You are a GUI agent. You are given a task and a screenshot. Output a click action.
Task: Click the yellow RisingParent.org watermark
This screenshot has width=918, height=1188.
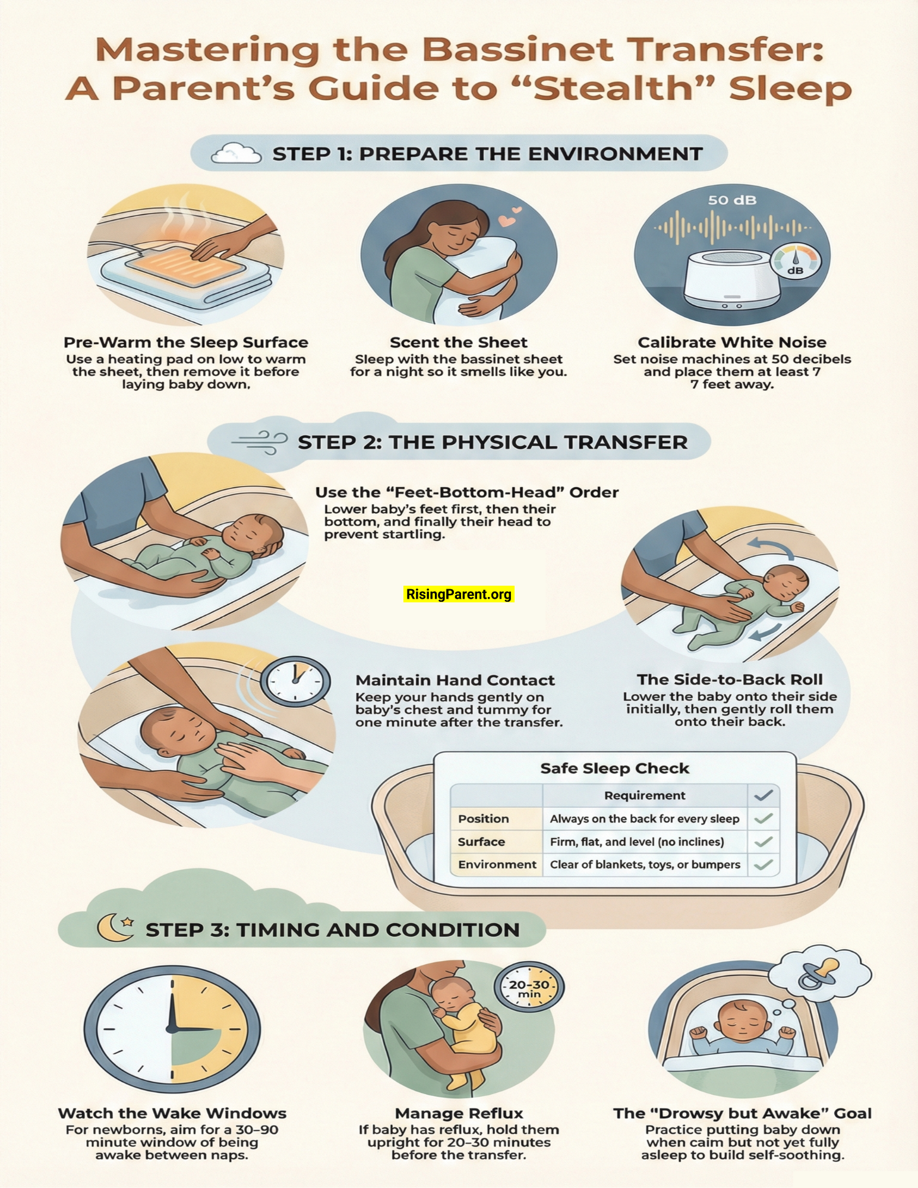point(458,594)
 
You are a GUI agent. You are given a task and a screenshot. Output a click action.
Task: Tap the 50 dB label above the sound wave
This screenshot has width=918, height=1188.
point(732,200)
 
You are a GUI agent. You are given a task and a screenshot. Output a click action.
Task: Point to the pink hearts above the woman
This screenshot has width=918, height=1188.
point(509,217)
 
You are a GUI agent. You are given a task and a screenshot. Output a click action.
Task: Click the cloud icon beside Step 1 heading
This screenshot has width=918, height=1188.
point(236,154)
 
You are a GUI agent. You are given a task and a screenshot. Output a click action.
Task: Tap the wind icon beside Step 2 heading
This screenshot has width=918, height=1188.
point(260,443)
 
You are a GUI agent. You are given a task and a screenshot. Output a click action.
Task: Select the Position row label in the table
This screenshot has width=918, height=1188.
point(483,819)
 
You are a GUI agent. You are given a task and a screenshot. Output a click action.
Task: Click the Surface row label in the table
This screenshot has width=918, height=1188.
point(481,842)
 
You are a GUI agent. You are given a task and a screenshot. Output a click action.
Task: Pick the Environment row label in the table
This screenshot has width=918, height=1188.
point(497,864)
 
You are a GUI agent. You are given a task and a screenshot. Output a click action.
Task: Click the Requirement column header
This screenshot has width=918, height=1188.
point(645,795)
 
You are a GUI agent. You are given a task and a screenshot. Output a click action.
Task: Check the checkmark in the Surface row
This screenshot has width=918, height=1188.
point(763,842)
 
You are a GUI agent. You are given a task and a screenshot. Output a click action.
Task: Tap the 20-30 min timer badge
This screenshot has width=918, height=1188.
point(529,987)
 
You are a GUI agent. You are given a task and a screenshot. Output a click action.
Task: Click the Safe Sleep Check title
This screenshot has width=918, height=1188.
point(614,768)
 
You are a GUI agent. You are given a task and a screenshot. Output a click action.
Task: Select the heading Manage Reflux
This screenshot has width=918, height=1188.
point(459,1113)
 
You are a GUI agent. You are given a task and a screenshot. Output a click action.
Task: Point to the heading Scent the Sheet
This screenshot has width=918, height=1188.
point(458,342)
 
